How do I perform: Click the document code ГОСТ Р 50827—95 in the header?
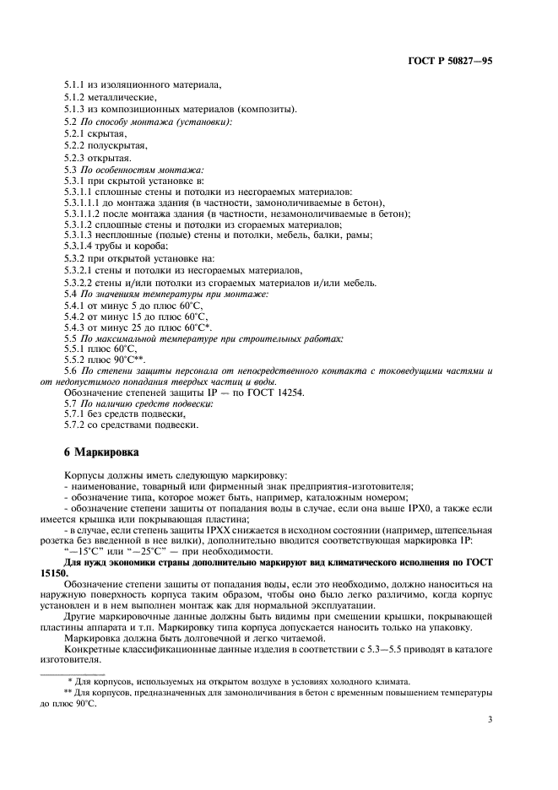point(451,62)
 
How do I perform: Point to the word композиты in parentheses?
point(268,110)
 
